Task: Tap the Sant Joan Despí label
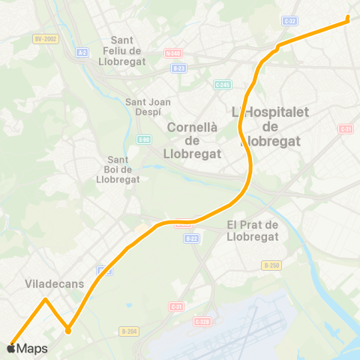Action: (148, 107)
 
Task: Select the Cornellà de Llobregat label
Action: (192, 140)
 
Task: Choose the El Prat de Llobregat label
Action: (252, 230)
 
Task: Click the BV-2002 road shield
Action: (45, 38)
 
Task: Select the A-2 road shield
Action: (82, 52)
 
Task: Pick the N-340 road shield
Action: (173, 52)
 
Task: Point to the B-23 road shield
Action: (178, 67)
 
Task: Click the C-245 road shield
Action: (222, 84)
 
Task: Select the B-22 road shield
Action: (190, 238)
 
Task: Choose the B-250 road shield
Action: (271, 265)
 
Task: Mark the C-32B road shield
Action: (202, 322)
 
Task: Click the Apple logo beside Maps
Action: (11, 349)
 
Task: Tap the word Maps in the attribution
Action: (32, 349)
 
